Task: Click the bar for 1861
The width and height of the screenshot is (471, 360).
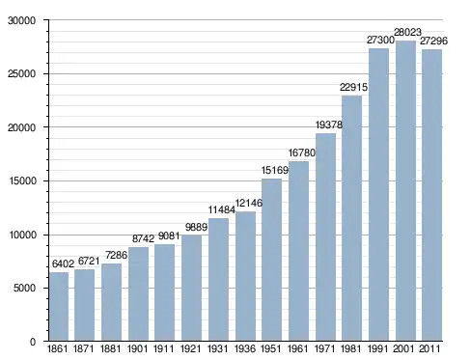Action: click(x=59, y=307)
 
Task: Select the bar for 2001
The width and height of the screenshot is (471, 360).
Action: click(x=405, y=191)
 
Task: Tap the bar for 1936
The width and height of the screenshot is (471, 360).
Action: click(x=245, y=276)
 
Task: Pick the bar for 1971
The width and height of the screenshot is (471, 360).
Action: click(x=325, y=237)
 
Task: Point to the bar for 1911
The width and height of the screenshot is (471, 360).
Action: click(x=164, y=292)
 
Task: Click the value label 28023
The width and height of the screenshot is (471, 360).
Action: click(x=407, y=32)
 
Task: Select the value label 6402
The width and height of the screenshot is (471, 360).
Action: click(x=63, y=263)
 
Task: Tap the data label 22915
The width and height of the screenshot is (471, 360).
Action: click(x=353, y=87)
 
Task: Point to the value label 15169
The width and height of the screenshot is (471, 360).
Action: click(x=275, y=170)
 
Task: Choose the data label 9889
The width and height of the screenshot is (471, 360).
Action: click(x=196, y=227)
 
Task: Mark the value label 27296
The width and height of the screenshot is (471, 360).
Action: click(x=433, y=41)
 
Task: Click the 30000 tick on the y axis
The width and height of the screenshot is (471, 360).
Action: click(x=21, y=20)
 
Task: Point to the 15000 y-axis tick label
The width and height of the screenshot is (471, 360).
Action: click(x=21, y=180)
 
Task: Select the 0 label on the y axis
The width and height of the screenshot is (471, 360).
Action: click(x=33, y=342)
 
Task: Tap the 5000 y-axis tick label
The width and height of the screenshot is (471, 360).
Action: click(x=24, y=288)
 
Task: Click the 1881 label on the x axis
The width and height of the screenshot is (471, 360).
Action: click(x=110, y=348)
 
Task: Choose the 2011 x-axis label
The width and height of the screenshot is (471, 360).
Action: click(x=429, y=348)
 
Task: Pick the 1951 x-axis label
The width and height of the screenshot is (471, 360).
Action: click(x=270, y=348)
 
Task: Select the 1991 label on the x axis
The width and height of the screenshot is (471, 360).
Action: click(x=377, y=348)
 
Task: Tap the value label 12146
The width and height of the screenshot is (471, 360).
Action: click(x=249, y=203)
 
